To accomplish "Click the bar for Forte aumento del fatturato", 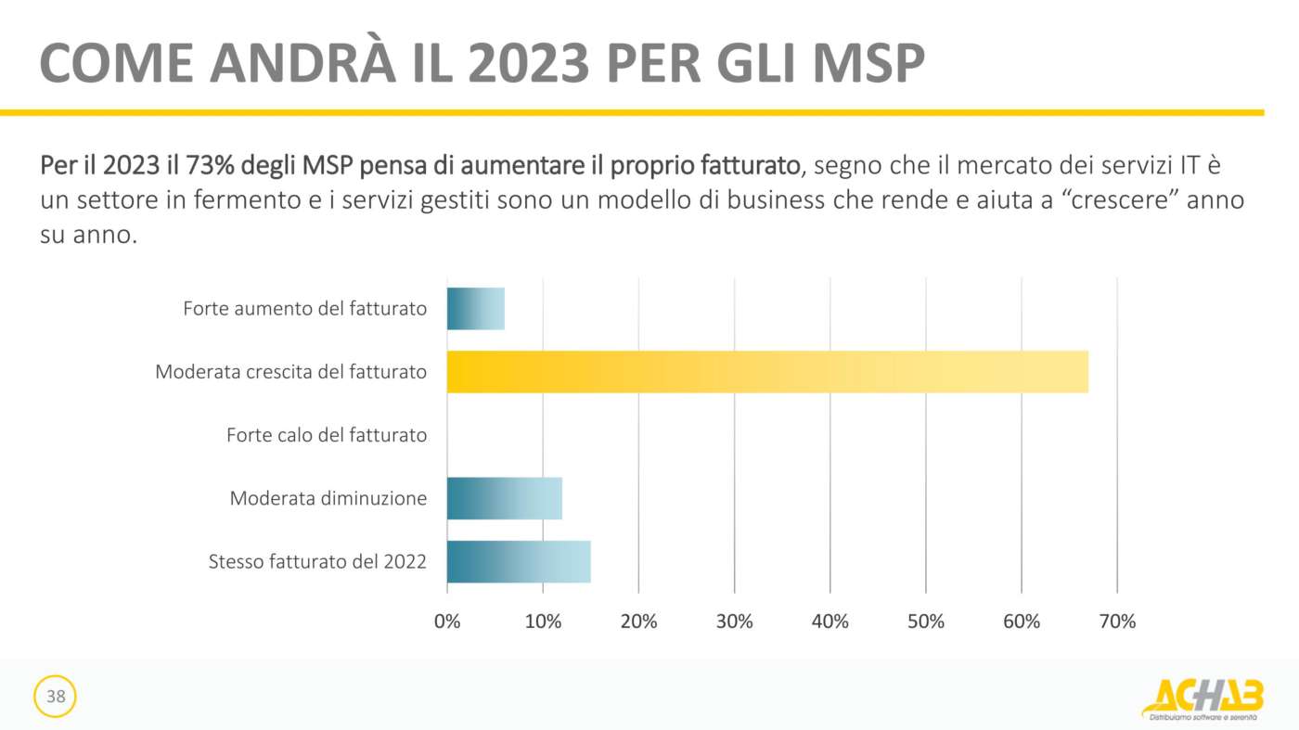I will click(x=476, y=309).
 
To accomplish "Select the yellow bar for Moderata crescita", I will click(x=767, y=372).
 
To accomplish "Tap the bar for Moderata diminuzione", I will click(x=505, y=498).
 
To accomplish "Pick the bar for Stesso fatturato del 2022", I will click(x=519, y=561).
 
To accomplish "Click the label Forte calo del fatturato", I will click(x=327, y=435).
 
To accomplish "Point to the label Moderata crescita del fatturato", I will click(x=291, y=372).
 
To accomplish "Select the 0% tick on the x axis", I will click(x=447, y=621).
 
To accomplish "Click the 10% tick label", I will click(x=543, y=621).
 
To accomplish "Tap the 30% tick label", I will click(x=734, y=621).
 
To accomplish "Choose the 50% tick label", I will click(x=926, y=621).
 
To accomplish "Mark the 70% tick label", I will click(x=1117, y=621).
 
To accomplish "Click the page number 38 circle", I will click(x=56, y=697).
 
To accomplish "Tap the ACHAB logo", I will click(x=1203, y=698).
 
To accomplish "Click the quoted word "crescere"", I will click(x=1138, y=200).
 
